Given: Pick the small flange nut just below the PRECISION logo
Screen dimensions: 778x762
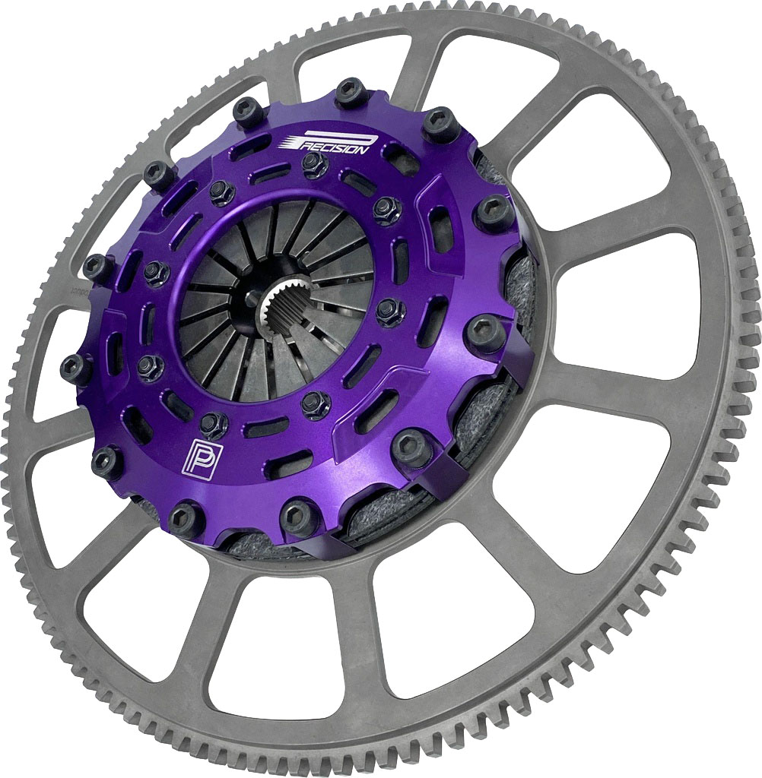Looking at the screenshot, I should click(x=315, y=164).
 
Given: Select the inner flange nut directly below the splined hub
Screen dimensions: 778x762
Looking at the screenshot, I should click(x=315, y=403).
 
